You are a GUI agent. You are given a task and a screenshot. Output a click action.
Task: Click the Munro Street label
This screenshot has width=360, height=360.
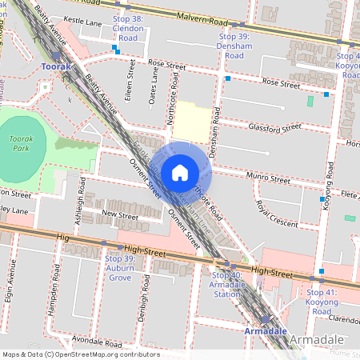pos(269,180)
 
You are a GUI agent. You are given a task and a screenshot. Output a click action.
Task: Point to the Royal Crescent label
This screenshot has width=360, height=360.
pos(276,210)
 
